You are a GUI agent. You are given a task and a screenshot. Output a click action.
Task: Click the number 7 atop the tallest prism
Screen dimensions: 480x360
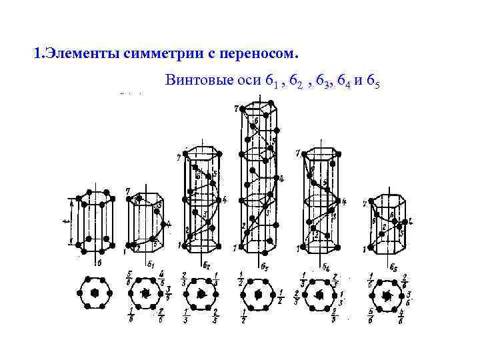(236, 108)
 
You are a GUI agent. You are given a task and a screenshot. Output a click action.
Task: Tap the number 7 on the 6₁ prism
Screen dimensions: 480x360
(127, 192)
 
